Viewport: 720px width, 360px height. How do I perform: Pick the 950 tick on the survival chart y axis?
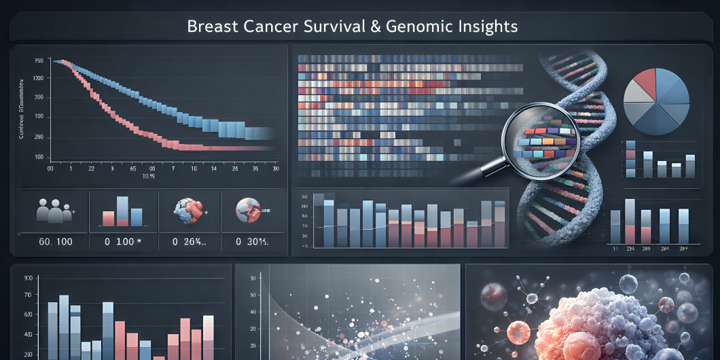pos(38,62)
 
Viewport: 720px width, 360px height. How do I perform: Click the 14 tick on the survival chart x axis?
pos(214,168)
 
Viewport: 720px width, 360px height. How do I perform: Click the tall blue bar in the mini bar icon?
pos(122,211)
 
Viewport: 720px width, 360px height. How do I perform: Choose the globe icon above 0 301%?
pos(247,210)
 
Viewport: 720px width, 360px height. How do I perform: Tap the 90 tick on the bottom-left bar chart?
pos(28,278)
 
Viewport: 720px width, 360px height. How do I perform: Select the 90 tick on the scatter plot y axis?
pos(252,278)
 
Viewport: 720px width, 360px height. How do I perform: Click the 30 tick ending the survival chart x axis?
pos(275,168)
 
